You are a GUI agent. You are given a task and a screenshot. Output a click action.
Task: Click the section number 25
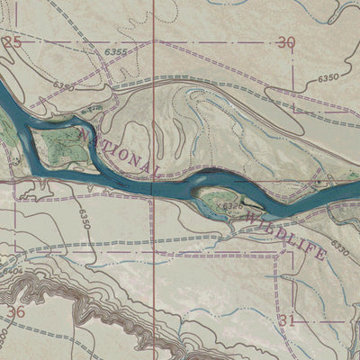pos(12,42)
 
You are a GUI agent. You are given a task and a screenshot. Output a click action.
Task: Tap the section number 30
pos(286,42)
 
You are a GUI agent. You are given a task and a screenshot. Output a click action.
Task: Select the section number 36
pos(14,311)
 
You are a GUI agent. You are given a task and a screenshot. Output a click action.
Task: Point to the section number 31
pos(287,319)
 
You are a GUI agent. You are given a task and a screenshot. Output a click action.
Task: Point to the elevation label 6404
pos(13,269)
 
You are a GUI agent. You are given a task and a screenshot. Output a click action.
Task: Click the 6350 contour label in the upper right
pos(328,79)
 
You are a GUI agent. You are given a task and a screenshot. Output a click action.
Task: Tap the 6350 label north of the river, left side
pos(63,86)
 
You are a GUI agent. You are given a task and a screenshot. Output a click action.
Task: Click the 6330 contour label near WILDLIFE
pos(339,244)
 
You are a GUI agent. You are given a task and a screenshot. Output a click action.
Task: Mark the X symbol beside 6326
pos(220,205)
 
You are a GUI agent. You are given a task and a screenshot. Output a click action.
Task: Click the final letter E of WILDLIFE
pos(320,256)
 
